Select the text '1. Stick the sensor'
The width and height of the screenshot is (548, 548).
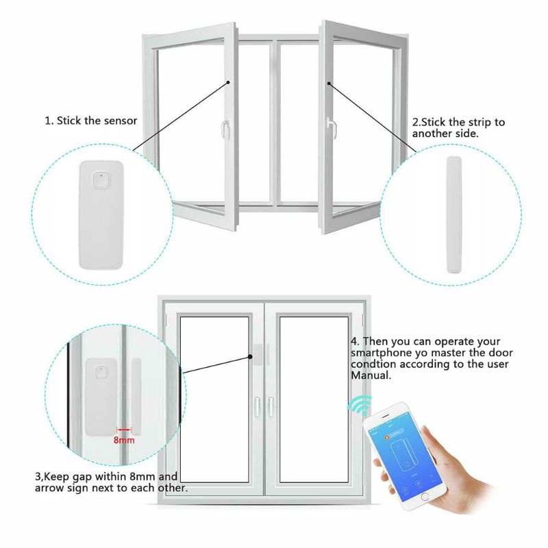point(91,121)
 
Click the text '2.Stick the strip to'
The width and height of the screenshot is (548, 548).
point(458,122)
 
